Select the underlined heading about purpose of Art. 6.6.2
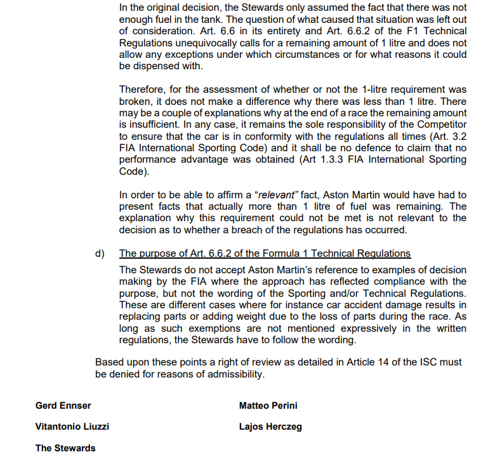point(265,254)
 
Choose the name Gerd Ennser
point(63,405)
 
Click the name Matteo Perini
point(268,405)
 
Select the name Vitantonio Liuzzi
point(72,426)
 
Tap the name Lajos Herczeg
point(270,426)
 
